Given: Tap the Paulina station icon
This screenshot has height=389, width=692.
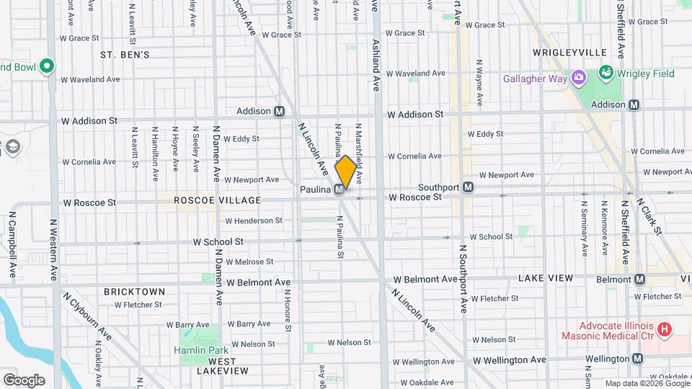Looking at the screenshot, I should pos(338,189).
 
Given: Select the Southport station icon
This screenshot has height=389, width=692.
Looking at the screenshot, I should pos(469,187).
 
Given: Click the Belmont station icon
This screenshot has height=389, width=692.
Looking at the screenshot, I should pos(638,280).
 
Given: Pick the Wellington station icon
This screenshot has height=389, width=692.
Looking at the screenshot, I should pos(638,359).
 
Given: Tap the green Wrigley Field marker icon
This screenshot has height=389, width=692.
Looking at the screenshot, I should pos(605,73).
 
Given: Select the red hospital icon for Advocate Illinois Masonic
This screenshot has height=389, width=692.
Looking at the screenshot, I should pos(665,329).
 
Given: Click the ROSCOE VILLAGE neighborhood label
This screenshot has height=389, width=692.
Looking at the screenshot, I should pos(208,200).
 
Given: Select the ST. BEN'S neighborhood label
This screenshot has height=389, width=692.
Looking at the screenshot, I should pos(125,55).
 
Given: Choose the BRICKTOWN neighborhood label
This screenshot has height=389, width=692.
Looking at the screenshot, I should pos(134,292).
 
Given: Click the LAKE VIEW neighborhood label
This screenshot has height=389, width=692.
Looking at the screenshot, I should pos(546,278).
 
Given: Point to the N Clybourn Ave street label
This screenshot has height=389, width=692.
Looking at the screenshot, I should pos(87,316).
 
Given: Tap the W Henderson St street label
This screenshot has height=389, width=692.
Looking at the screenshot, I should pos(253,220).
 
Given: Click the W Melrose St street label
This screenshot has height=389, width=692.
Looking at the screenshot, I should pos(249,262).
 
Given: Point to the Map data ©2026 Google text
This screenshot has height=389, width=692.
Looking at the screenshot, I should pos(647,383).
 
